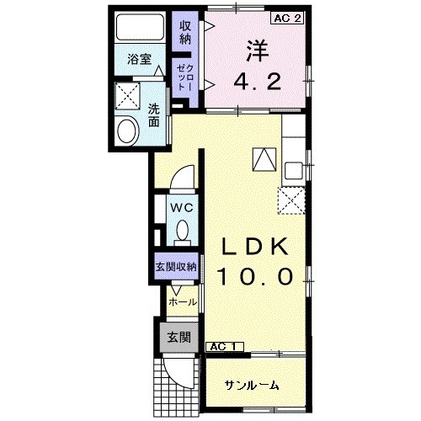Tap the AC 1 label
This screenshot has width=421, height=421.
[222, 346]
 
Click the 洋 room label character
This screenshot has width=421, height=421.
[256, 51]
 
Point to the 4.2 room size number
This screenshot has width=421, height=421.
[256, 83]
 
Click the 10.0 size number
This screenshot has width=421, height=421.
[256, 275]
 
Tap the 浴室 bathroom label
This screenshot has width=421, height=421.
[139, 60]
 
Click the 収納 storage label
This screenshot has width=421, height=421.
[185, 33]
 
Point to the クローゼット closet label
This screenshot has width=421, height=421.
[184, 76]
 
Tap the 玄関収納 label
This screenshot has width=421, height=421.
[175, 266]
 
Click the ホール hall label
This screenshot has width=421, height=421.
[183, 301]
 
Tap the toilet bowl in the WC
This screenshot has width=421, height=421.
[183, 231]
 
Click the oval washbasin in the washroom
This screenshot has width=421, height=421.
[128, 131]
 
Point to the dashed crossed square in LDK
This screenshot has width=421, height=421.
[291, 200]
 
